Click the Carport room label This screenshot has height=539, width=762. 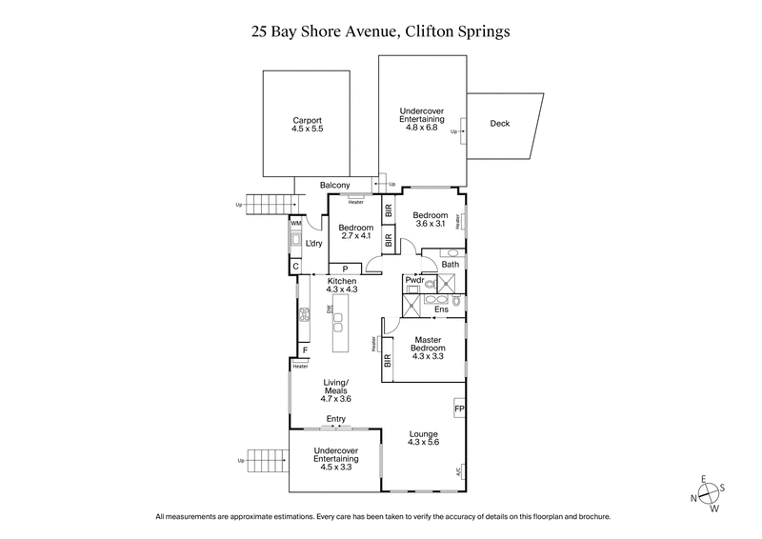click(307, 121)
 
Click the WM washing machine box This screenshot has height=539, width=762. click(295, 223)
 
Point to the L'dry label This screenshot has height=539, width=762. click(315, 244)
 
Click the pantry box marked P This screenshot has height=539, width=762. click(345, 269)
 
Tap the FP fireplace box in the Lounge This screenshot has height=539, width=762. click(459, 409)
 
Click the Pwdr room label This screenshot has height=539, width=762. click(414, 280)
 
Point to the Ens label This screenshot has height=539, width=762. click(441, 309)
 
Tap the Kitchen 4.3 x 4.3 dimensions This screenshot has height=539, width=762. click(341, 290)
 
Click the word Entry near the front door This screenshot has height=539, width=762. click(335, 418)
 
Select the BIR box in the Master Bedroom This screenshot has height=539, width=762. click(388, 361)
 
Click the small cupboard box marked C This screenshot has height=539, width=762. click(295, 267)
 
